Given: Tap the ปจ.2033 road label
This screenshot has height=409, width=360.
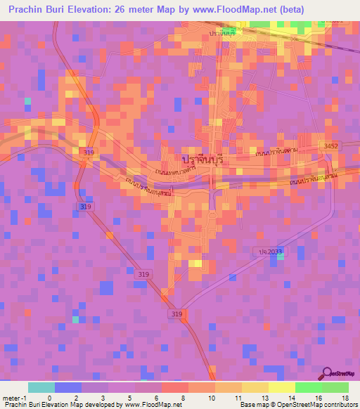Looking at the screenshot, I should pos(266,251).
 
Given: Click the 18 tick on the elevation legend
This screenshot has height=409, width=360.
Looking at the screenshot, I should pos(345,398).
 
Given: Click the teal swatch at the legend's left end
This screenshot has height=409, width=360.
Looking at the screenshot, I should pos(41,387).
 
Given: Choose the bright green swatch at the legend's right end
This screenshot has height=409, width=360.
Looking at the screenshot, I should pos(335,387).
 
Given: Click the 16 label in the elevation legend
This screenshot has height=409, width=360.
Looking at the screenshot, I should pos(317,398).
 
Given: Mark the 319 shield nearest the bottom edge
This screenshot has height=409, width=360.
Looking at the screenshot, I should pos(176,313).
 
